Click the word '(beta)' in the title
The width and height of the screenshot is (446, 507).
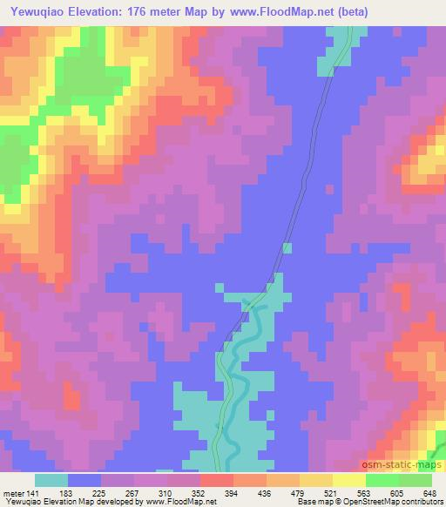coord(348,12)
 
